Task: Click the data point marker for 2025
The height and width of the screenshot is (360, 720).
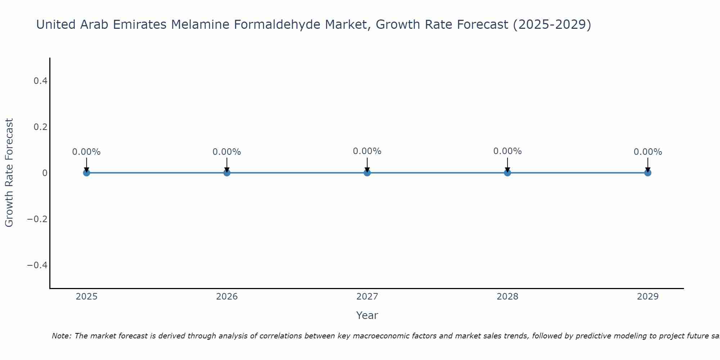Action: pyautogui.click(x=86, y=173)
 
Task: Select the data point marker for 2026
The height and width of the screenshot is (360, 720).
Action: pyautogui.click(x=227, y=173)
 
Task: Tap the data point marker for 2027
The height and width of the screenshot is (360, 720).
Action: pyautogui.click(x=367, y=173)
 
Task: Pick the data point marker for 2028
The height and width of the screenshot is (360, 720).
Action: pyautogui.click(x=508, y=173)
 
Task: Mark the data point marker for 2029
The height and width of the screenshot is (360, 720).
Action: pyautogui.click(x=648, y=173)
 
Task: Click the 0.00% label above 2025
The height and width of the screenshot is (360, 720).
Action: pyautogui.click(x=86, y=152)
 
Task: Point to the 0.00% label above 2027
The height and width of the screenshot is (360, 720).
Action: pyautogui.click(x=367, y=151)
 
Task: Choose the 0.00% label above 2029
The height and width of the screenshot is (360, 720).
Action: pyautogui.click(x=648, y=152)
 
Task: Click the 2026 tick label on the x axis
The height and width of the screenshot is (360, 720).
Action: pyautogui.click(x=227, y=297)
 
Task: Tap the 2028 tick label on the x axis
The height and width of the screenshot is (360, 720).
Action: pyautogui.click(x=508, y=297)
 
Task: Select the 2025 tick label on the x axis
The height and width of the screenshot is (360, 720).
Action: pyautogui.click(x=87, y=297)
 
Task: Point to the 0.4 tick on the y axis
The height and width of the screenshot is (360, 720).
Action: pyautogui.click(x=40, y=81)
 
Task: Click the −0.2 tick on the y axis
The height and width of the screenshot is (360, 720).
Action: pyautogui.click(x=37, y=219)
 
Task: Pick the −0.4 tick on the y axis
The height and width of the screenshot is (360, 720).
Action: pyautogui.click(x=37, y=265)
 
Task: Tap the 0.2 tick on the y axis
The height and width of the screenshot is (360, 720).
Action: pyautogui.click(x=40, y=127)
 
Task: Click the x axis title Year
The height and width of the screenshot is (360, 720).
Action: pyautogui.click(x=367, y=315)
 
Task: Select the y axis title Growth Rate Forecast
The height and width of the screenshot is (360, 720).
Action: pyautogui.click(x=9, y=173)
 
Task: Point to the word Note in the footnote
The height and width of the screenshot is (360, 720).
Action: pyautogui.click(x=62, y=336)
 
